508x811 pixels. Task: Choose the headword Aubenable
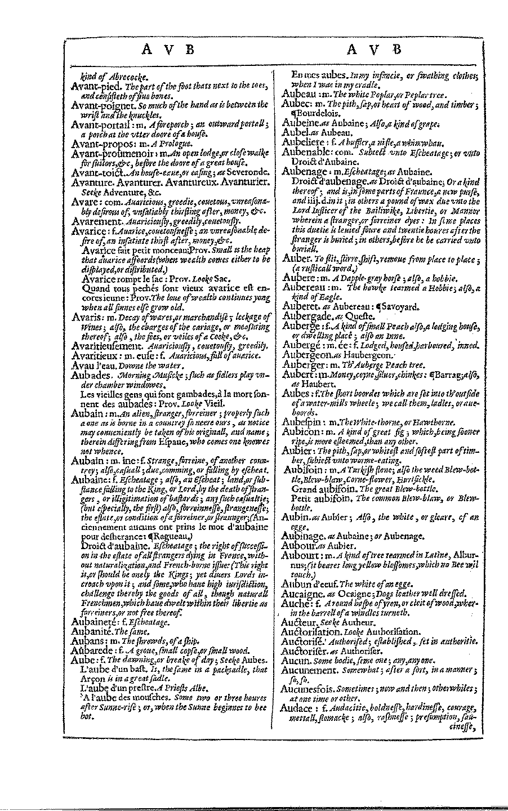[308, 152]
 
